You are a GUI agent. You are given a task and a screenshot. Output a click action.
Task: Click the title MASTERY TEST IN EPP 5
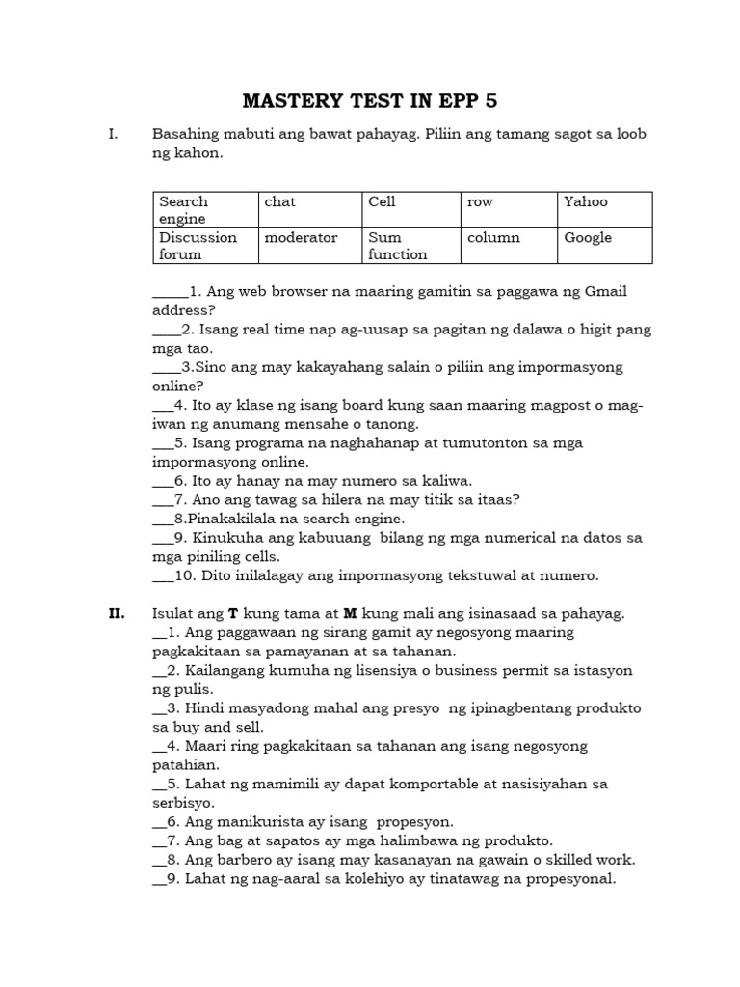coord(370,101)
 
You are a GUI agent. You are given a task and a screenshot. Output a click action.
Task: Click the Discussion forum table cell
coord(205,246)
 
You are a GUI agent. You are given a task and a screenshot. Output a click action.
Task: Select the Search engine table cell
coord(205,209)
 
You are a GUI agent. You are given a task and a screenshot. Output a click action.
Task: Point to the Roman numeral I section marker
coord(113,134)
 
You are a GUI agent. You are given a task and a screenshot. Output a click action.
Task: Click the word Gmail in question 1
coord(604,291)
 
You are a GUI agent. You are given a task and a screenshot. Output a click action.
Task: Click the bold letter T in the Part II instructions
coord(232,613)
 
